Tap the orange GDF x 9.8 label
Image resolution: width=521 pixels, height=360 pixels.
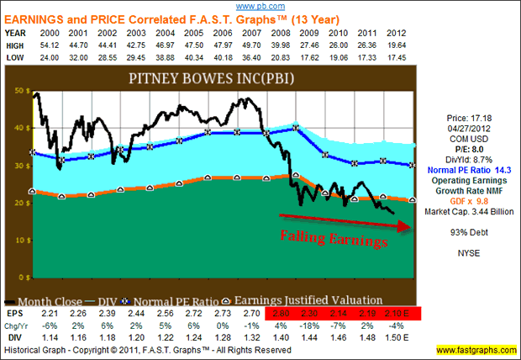click(x=468, y=211)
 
